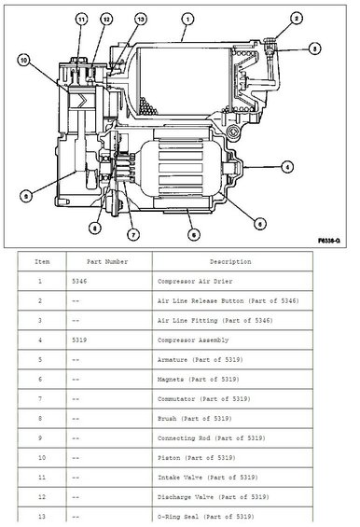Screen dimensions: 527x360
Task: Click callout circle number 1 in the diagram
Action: click(x=187, y=18)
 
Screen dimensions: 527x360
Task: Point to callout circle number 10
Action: click(x=22, y=62)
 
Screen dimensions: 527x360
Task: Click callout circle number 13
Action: click(x=140, y=19)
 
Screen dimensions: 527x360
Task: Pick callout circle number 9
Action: click(x=26, y=195)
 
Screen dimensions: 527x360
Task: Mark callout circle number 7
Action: click(x=133, y=232)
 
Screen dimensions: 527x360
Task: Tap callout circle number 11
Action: click(x=80, y=19)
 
